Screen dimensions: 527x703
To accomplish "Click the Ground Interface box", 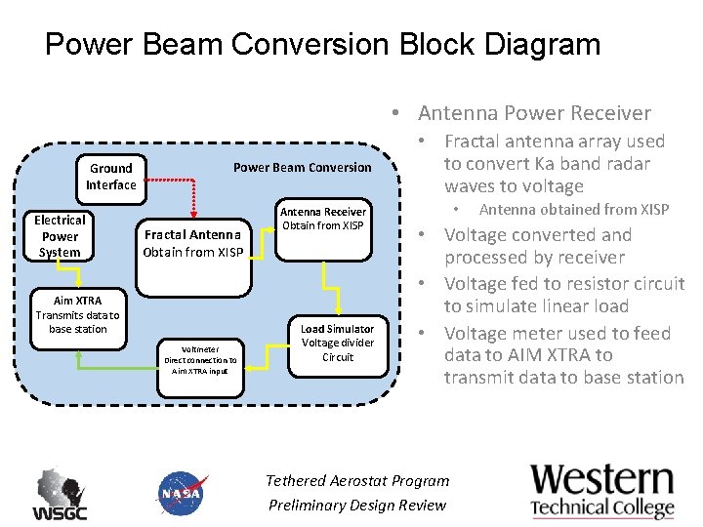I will click(110, 177).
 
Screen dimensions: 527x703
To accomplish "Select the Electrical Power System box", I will click(60, 236).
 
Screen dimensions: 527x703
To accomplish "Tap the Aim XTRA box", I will click(77, 315).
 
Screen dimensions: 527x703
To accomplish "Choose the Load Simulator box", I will click(337, 344).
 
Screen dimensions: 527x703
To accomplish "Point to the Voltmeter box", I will click(199, 359).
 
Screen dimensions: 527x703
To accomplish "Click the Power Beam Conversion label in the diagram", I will click(302, 168).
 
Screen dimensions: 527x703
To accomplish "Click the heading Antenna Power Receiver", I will click(534, 113).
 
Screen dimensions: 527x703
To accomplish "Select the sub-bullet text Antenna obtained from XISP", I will click(574, 210).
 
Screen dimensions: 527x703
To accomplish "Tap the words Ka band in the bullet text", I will click(576, 164).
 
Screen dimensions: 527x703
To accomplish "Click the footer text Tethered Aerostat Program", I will click(357, 480).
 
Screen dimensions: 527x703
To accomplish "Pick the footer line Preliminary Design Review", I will click(357, 505).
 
